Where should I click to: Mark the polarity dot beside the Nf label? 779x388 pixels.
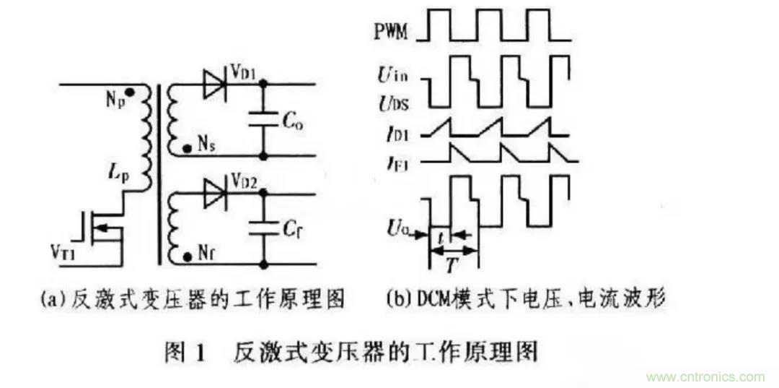pyautogui.click(x=188, y=257)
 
